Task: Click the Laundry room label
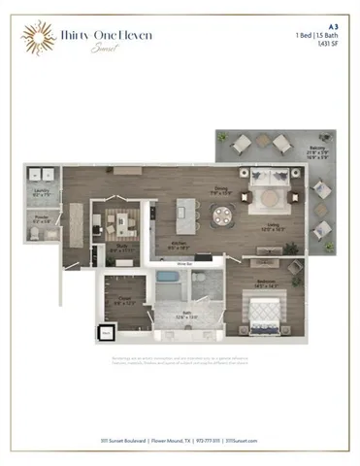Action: pos(41,192)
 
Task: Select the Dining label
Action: pos(221,189)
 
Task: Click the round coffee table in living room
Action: pos(269,198)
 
